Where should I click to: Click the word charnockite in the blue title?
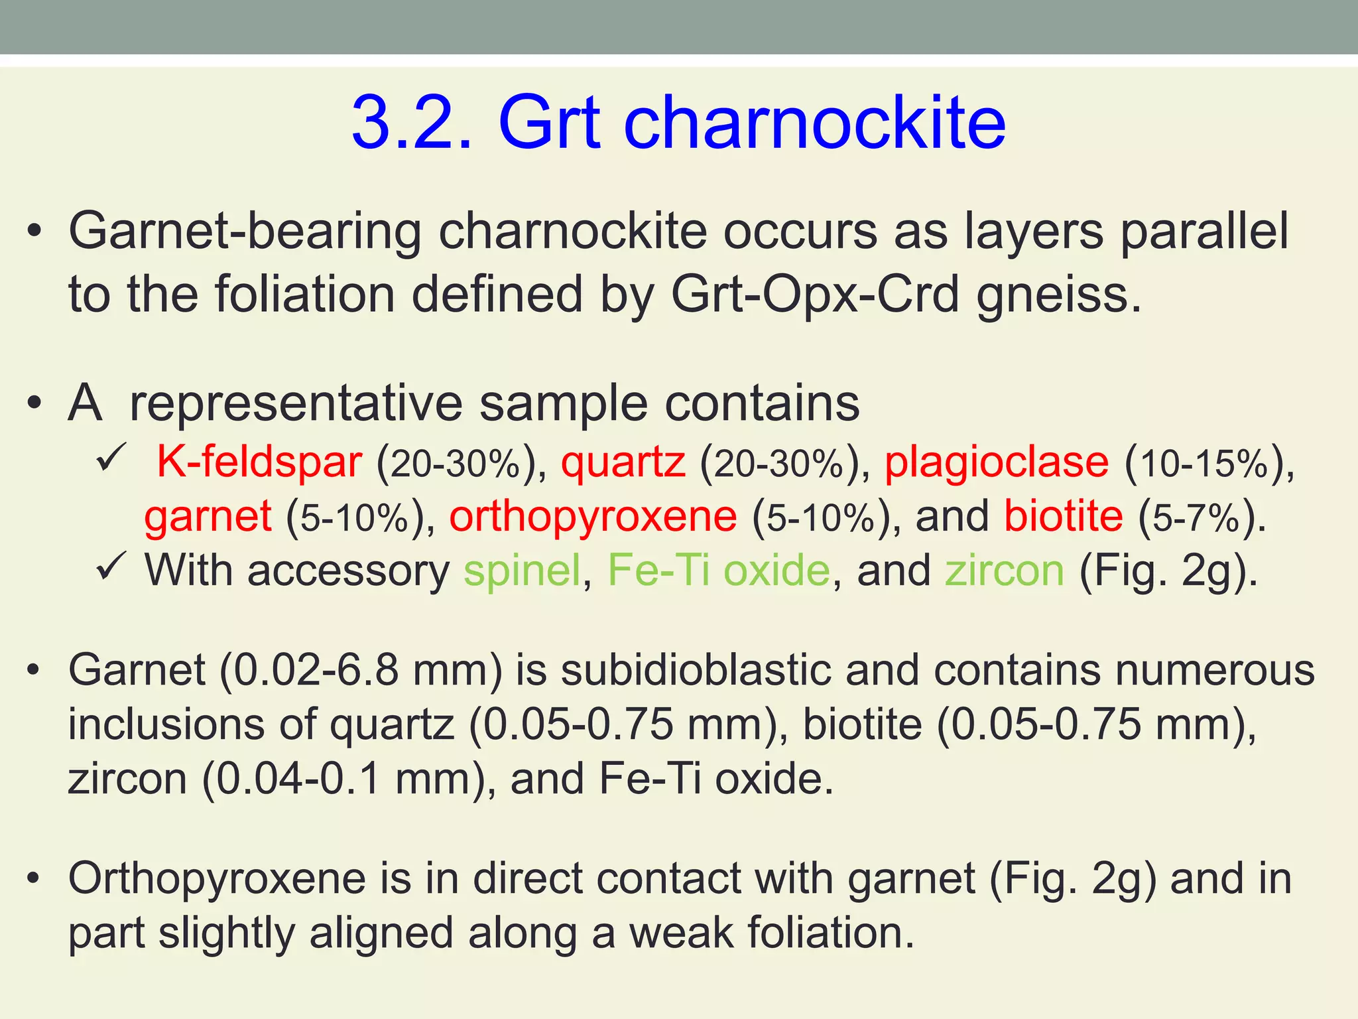(815, 123)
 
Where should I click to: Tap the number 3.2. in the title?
(412, 123)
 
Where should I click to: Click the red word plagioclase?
(997, 463)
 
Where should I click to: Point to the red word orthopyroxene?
(593, 517)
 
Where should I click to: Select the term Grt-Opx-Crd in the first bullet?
(815, 295)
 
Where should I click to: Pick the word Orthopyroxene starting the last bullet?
(217, 880)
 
